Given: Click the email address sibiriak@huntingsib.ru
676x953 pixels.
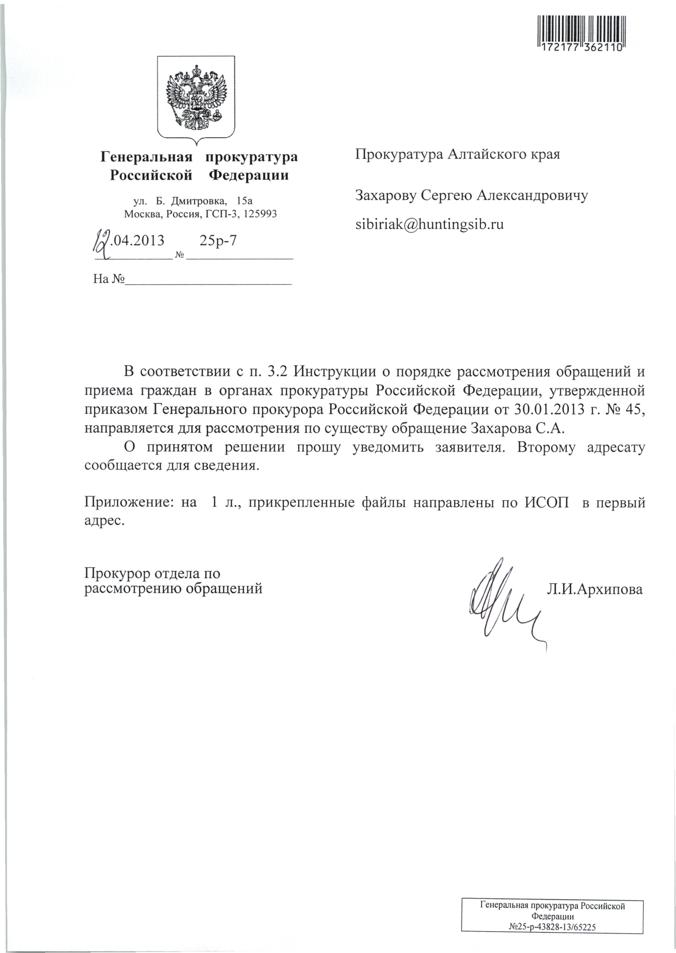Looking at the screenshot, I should point(429,224).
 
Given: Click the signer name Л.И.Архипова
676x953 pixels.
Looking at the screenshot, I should point(595,589).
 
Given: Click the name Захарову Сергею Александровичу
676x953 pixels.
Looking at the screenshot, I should point(471,195).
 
